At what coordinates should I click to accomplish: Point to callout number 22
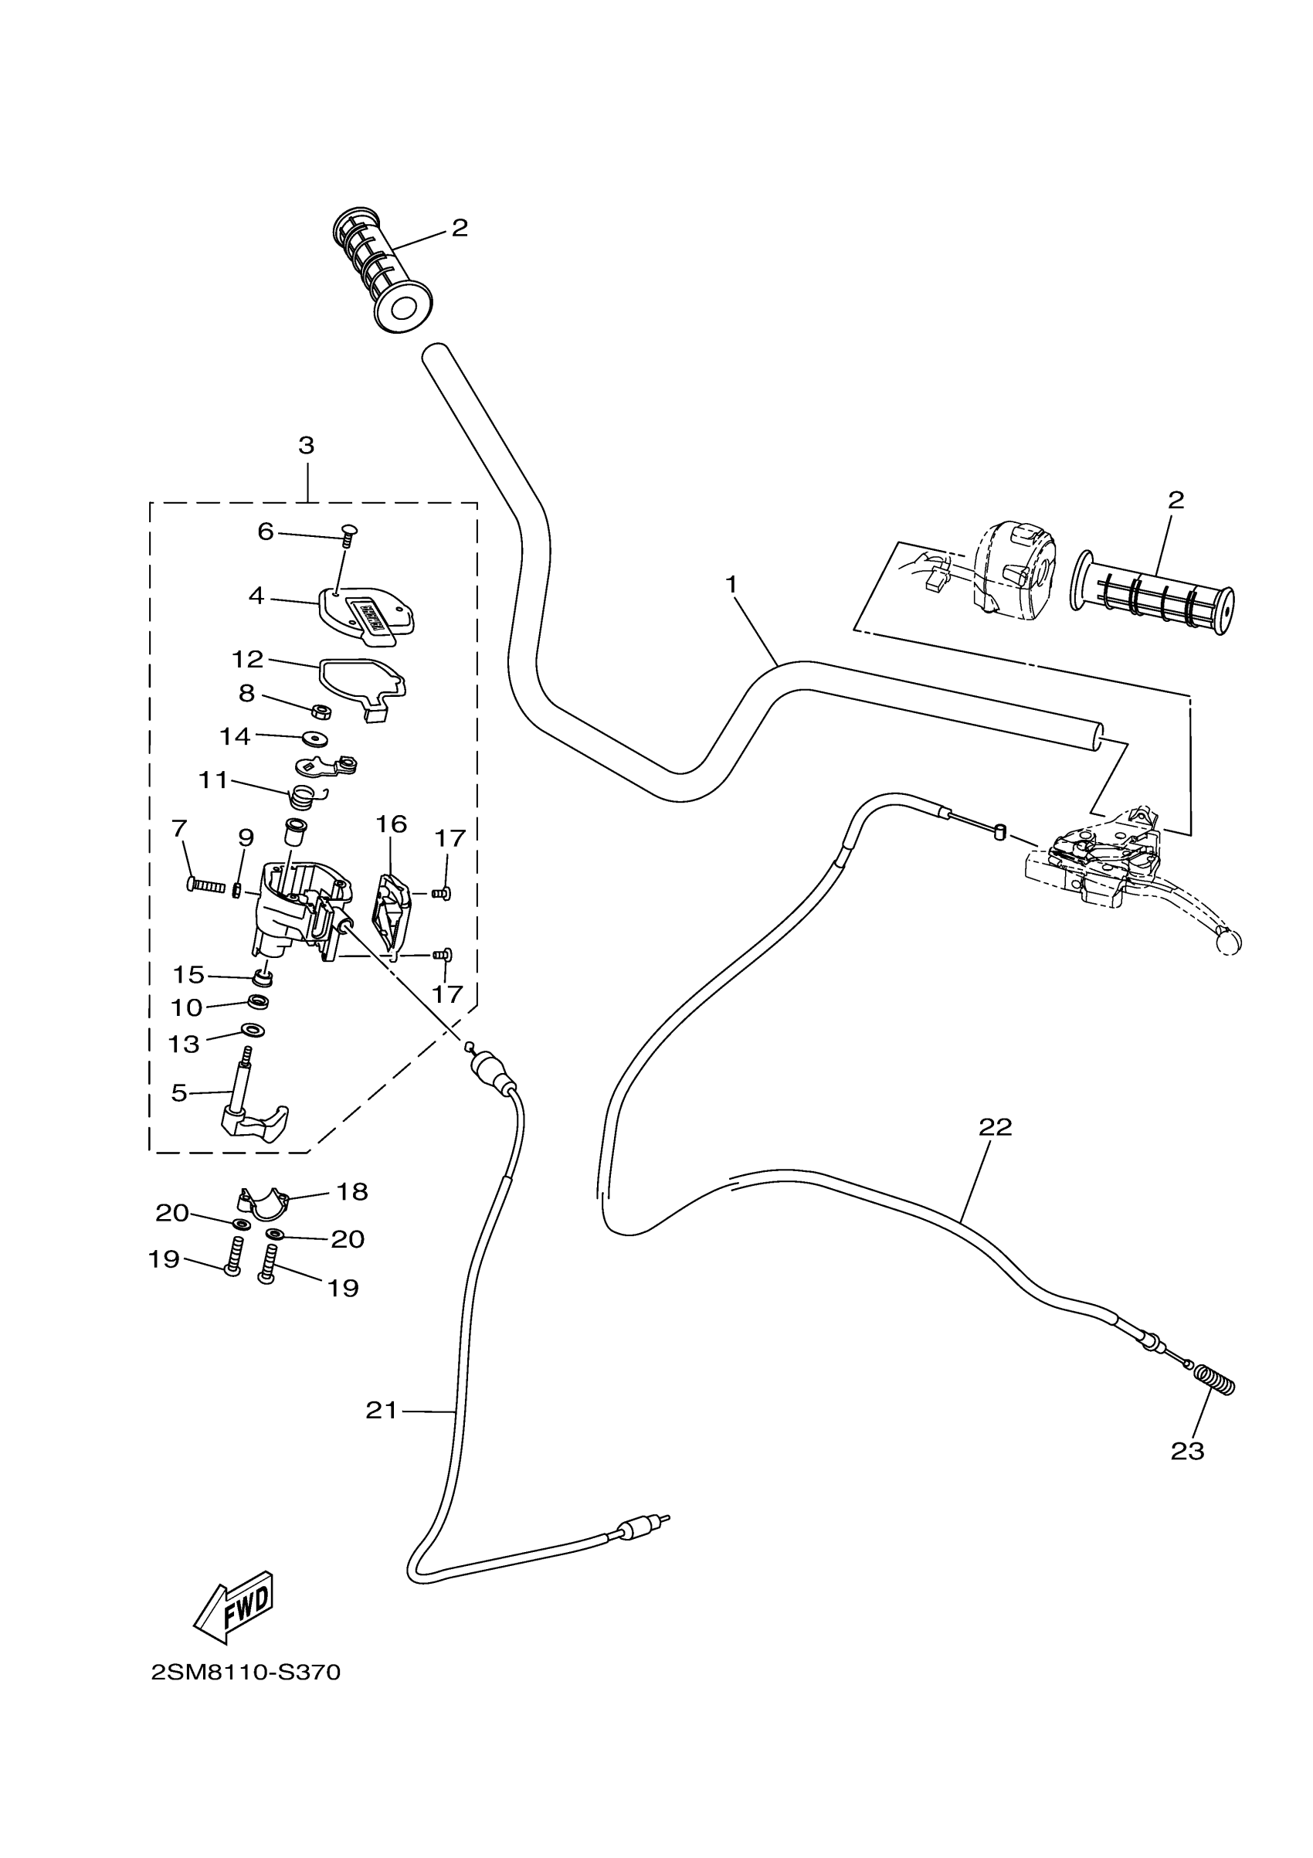click(x=995, y=1127)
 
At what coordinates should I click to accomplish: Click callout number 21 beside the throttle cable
click(x=382, y=1411)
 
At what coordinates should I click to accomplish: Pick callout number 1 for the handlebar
click(x=731, y=583)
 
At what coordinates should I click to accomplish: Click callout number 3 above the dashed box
click(x=306, y=445)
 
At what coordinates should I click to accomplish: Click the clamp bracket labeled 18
click(x=263, y=1204)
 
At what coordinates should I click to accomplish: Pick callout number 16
click(x=391, y=824)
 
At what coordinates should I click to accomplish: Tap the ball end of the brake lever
click(x=1228, y=942)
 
